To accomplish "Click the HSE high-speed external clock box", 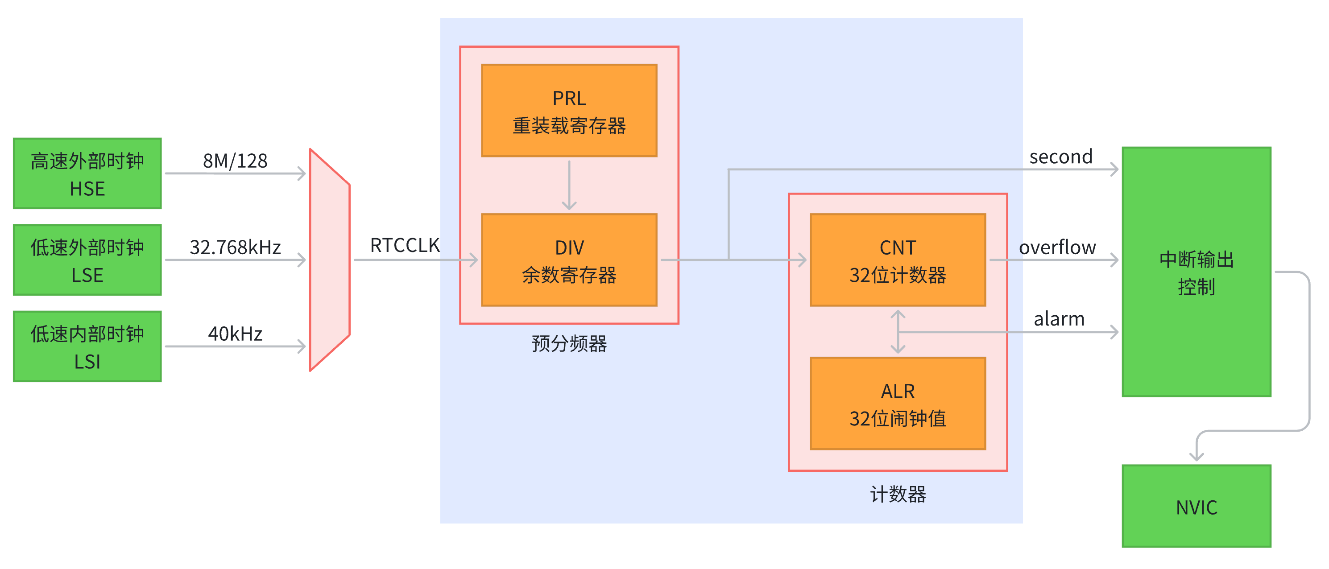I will coord(87,173).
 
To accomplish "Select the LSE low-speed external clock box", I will coord(87,260).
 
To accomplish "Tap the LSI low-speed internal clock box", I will coord(87,346).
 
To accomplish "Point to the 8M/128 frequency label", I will coord(235,161).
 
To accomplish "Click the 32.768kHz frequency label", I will coord(235,247).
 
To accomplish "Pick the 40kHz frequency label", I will coord(235,334).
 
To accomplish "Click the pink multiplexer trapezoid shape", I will coord(330,260).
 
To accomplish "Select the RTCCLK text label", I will coord(405,246).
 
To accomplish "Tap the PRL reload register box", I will coord(569,111).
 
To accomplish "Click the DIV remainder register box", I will coord(569,260).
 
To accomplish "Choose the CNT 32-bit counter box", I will coord(898,260).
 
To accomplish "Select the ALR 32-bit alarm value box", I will coord(898,404).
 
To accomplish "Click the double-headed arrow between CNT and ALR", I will coord(898,332).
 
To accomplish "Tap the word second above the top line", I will coord(1061,157).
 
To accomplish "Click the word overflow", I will coord(1057,247).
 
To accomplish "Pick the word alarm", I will coord(1059,319).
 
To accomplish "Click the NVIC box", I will coord(1197,506).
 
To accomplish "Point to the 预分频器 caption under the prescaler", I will coord(569,343).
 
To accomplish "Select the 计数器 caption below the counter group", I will coord(898,494).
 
